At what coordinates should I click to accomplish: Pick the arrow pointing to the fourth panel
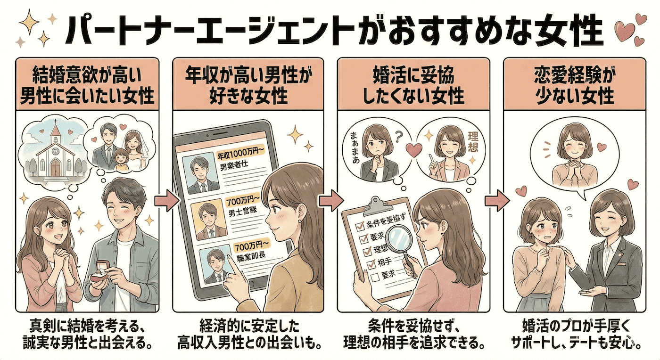click(496, 200)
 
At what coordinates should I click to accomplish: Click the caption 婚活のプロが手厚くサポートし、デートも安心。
click(576, 334)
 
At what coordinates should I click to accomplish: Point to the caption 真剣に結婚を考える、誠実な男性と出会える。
click(88, 334)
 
